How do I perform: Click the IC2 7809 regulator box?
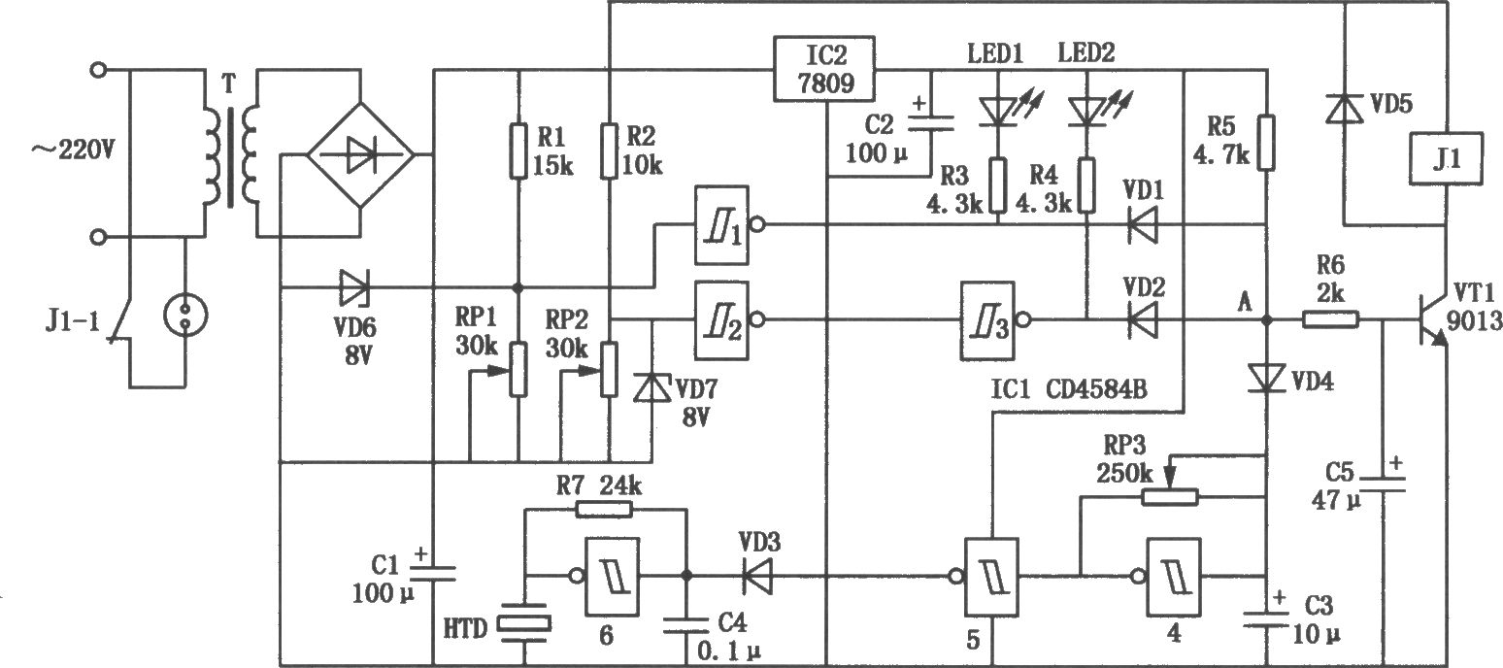[824, 68]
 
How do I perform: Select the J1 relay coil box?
[1447, 158]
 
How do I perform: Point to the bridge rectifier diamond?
[359, 155]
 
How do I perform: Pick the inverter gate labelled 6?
[605, 576]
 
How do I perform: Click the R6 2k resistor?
[1331, 320]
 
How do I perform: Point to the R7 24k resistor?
[604, 510]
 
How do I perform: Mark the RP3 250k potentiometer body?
[1170, 497]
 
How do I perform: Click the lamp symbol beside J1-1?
[185, 315]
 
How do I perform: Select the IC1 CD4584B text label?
[1069, 389]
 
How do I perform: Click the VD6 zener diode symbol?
[353, 287]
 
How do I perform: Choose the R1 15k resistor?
[518, 150]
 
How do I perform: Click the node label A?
[1244, 303]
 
